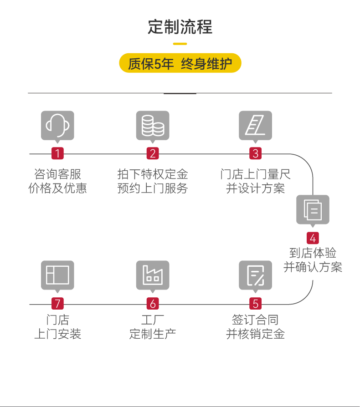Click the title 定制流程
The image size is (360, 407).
pos(180,27)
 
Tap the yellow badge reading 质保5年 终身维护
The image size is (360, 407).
pos(180,64)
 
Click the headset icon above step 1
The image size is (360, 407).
pos(57,125)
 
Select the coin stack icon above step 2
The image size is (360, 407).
pos(153,125)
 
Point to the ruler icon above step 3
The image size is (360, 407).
pos(255,125)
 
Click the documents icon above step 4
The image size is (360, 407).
pos(313,209)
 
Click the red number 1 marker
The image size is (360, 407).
pos(57,153)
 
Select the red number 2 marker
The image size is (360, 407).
pos(153,153)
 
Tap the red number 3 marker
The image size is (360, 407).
pos(255,153)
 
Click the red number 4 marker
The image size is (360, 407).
pos(313,238)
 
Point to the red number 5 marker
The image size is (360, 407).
pos(255,304)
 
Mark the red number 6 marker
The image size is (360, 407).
pos(153,304)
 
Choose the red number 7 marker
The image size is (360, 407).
pos(57,304)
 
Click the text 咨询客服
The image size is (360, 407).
pos(57,174)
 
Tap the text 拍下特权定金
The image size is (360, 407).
pos(153,174)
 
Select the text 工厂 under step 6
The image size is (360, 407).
pos(153,320)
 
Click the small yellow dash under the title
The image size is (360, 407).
pos(180,44)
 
